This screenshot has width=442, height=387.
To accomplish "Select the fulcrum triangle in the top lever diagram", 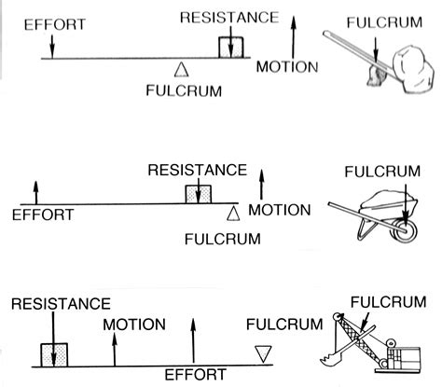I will [x=181, y=67].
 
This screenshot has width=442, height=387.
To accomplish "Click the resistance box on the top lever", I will [x=229, y=47].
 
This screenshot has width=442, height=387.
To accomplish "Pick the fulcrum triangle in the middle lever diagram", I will [x=233, y=214].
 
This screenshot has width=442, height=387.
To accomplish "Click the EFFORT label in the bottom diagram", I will [x=194, y=375].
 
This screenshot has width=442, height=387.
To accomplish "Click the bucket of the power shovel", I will [x=327, y=355].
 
